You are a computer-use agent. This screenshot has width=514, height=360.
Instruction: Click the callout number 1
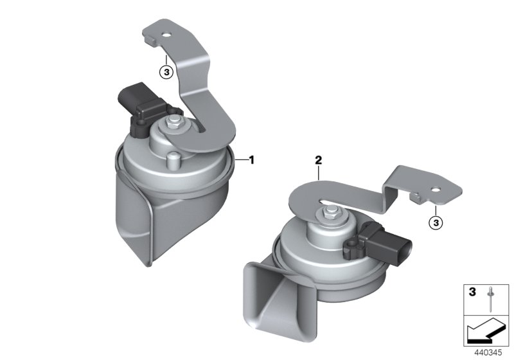252,159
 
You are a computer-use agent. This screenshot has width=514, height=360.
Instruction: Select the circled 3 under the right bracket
435,222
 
